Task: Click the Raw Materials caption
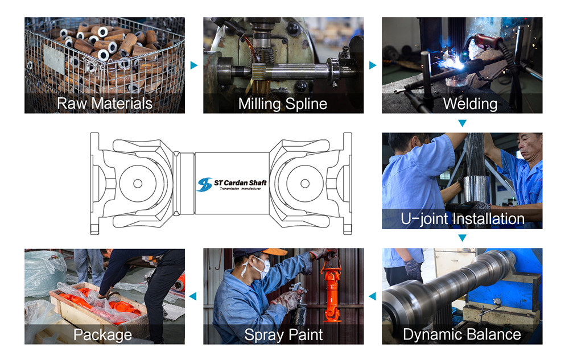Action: point(105,104)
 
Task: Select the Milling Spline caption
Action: point(283,104)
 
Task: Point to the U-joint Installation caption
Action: point(462,218)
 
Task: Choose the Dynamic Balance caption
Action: point(461,334)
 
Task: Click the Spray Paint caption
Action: point(283,334)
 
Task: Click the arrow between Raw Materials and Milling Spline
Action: point(194,65)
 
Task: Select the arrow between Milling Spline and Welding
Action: point(373,65)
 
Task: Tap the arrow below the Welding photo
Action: point(462,123)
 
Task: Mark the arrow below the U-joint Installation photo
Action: point(462,238)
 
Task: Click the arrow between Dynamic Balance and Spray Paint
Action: point(373,296)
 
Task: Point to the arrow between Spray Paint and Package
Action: point(193,296)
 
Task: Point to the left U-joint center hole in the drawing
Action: point(137,183)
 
